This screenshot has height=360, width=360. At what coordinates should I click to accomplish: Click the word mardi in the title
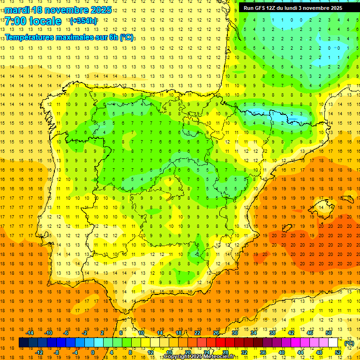[16, 10]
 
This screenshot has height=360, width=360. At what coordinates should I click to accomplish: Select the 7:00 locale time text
[33, 21]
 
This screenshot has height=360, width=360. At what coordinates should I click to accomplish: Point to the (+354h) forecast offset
[83, 21]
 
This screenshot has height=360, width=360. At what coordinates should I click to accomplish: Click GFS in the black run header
[263, 8]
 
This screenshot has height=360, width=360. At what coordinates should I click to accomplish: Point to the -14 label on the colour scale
[30, 333]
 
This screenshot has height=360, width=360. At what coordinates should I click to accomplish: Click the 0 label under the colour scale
[93, 352]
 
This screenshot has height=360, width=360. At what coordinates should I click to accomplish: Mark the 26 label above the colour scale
[216, 333]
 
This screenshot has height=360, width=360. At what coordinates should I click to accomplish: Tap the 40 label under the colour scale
[281, 352]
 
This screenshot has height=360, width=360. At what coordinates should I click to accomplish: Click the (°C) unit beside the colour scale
[349, 343]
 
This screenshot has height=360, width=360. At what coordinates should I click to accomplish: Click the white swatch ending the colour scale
[337, 343]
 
